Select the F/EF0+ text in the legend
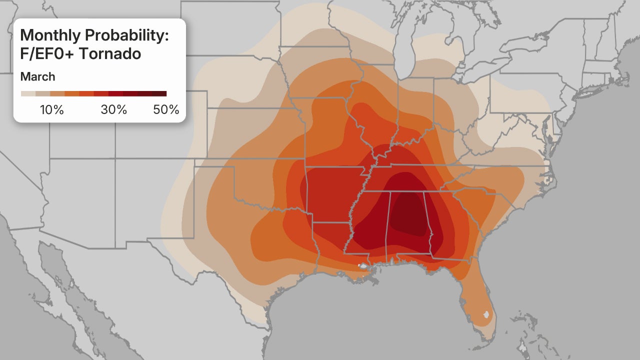click(47, 53)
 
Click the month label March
click(37, 77)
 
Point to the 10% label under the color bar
click(51, 110)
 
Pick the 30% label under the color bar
click(114, 110)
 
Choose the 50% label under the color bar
click(166, 110)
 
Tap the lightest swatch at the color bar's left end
click(27, 93)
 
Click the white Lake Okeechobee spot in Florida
click(484, 315)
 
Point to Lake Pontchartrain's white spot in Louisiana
click(362, 266)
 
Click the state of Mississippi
click(370, 220)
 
